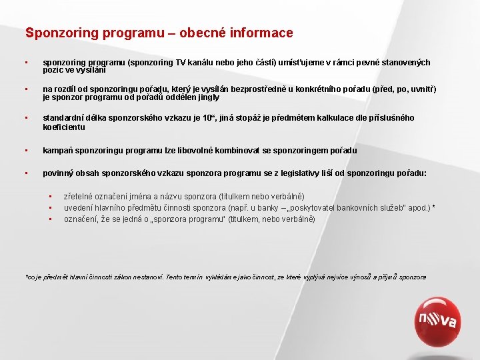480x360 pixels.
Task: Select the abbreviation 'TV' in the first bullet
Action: click(x=182, y=63)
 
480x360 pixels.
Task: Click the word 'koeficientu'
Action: click(x=64, y=127)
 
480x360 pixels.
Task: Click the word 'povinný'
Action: click(x=57, y=173)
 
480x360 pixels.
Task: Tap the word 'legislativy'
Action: click(x=307, y=173)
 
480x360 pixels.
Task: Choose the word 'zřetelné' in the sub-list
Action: click(x=79, y=197)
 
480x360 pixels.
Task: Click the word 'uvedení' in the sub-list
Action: click(x=78, y=208)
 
